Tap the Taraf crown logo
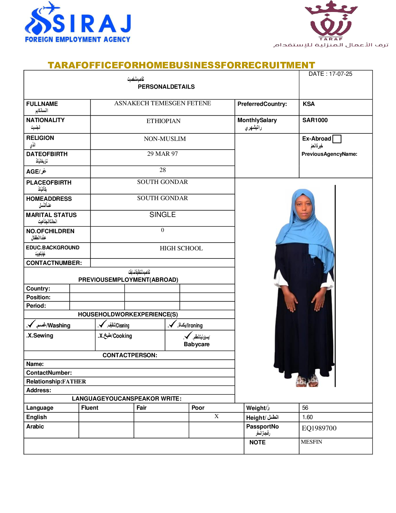tap(331, 19)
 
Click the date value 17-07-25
tap(340, 74)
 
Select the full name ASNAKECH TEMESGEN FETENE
tap(162, 103)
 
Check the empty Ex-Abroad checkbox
tap(337, 139)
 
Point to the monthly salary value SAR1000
tap(315, 120)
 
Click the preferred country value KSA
tap(309, 104)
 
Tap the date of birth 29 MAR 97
tap(162, 154)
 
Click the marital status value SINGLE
tap(162, 215)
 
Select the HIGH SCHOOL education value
tap(181, 248)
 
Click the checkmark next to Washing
tap(31, 324)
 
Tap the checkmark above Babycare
tap(188, 336)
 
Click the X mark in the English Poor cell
tap(216, 416)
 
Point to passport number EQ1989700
tap(319, 428)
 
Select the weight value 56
tap(305, 408)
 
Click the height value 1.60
tap(307, 417)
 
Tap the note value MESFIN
tap(311, 442)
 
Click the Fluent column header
tap(90, 408)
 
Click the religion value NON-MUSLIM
tap(165, 139)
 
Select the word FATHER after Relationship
tap(74, 382)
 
